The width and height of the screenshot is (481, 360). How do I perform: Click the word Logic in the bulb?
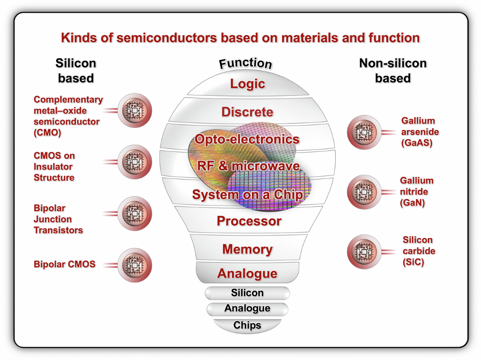247,84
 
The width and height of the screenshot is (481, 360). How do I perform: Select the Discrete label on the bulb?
247,112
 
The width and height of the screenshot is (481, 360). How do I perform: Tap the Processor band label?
249,221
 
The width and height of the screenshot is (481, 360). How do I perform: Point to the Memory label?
247,249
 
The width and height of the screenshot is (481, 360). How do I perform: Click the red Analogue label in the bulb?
247,273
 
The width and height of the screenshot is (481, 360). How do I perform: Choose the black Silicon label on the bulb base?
247,293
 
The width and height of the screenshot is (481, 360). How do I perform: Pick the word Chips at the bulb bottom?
247,325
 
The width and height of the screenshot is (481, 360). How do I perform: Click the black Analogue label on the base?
247,308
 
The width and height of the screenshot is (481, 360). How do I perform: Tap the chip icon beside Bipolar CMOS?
135,265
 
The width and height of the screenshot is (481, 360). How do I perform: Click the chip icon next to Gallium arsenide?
364,132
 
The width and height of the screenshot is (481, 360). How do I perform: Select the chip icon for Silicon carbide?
364,252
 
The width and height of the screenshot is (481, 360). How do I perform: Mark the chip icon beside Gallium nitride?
364,192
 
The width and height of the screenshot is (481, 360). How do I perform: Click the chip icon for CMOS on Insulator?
135,162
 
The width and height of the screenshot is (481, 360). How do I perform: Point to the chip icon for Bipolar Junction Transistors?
135,213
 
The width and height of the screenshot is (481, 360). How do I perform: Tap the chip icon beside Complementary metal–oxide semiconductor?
135,110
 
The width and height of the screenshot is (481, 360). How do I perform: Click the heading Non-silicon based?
392,71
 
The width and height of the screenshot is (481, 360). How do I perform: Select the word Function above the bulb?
245,64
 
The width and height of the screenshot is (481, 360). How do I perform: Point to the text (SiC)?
413,263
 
